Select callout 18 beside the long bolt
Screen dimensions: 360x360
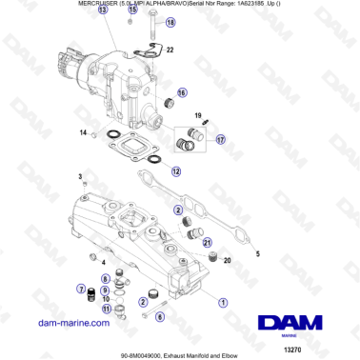pyautogui.click(x=170, y=21)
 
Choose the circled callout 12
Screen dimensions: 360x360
pyautogui.click(x=177, y=171)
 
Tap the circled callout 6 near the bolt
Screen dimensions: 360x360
pyautogui.click(x=159, y=315)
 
